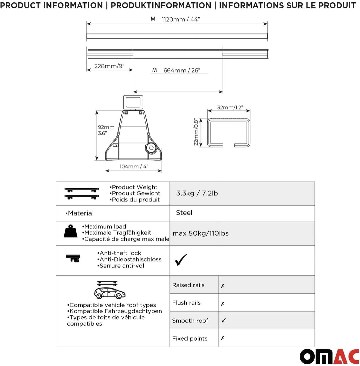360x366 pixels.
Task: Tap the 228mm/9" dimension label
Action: click(109, 66)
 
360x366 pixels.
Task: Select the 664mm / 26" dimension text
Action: click(181, 70)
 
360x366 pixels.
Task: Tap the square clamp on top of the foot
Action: click(133, 101)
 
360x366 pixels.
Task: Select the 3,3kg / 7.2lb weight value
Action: click(197, 193)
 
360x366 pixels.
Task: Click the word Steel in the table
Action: click(184, 213)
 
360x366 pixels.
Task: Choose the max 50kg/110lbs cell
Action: click(201, 233)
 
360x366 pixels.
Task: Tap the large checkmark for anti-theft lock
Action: click(181, 260)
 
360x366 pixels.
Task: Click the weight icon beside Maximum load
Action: click(70, 231)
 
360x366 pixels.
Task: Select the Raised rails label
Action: click(188, 285)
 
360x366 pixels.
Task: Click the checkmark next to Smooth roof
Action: click(223, 320)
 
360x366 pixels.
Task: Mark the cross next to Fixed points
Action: click(222, 338)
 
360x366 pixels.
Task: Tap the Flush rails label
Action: click(186, 303)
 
